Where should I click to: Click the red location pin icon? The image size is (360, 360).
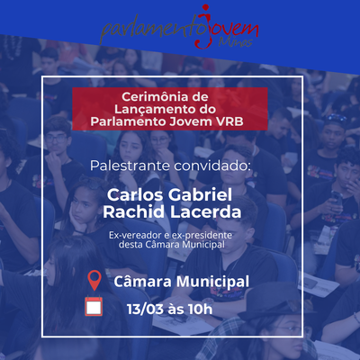94,280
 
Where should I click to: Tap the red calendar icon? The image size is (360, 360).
94,306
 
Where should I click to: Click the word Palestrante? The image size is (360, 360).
130,166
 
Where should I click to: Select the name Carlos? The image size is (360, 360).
135,195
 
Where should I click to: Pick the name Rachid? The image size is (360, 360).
134,211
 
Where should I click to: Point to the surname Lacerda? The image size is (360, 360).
206,211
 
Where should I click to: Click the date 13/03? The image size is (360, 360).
145,309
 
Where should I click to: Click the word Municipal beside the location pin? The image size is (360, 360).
212,282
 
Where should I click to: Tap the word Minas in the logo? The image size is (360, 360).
235,42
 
